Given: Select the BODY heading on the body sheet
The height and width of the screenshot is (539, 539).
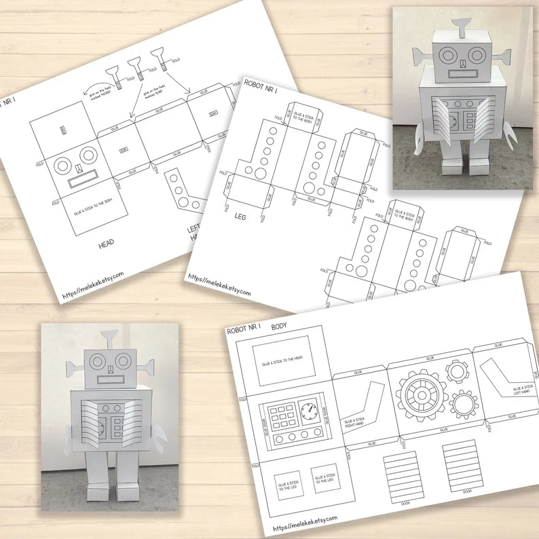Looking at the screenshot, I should [x=279, y=327].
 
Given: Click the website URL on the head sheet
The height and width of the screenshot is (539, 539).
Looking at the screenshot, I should [x=93, y=284].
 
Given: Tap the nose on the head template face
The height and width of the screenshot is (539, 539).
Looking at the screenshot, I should [x=79, y=168].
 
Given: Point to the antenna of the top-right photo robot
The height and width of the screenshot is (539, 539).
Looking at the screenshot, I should [x=460, y=26].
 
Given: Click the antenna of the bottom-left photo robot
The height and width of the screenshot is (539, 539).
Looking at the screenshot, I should [x=109, y=337].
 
